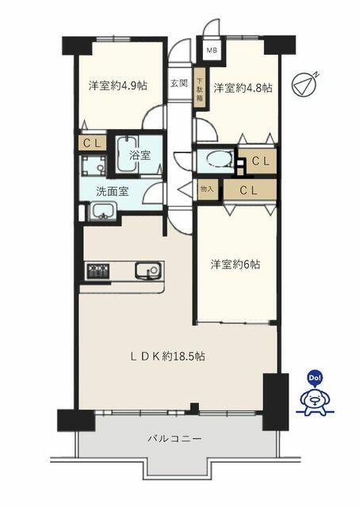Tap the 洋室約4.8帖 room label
click(x=242, y=88)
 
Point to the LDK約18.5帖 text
click(x=167, y=357)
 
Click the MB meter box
click(x=212, y=51)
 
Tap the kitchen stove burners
click(x=99, y=271)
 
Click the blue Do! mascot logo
click(x=313, y=395)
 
